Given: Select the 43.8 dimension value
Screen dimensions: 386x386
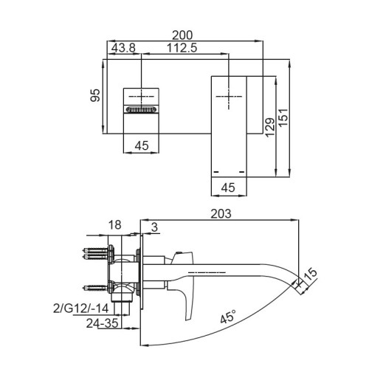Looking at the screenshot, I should tap(123, 49).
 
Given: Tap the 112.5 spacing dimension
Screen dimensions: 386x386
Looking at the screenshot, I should tap(182, 49).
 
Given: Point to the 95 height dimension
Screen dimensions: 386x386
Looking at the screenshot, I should tap(94, 97).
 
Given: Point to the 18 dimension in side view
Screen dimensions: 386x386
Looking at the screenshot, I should tap(114, 225).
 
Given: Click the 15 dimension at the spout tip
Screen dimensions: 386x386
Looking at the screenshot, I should tap(311, 275).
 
